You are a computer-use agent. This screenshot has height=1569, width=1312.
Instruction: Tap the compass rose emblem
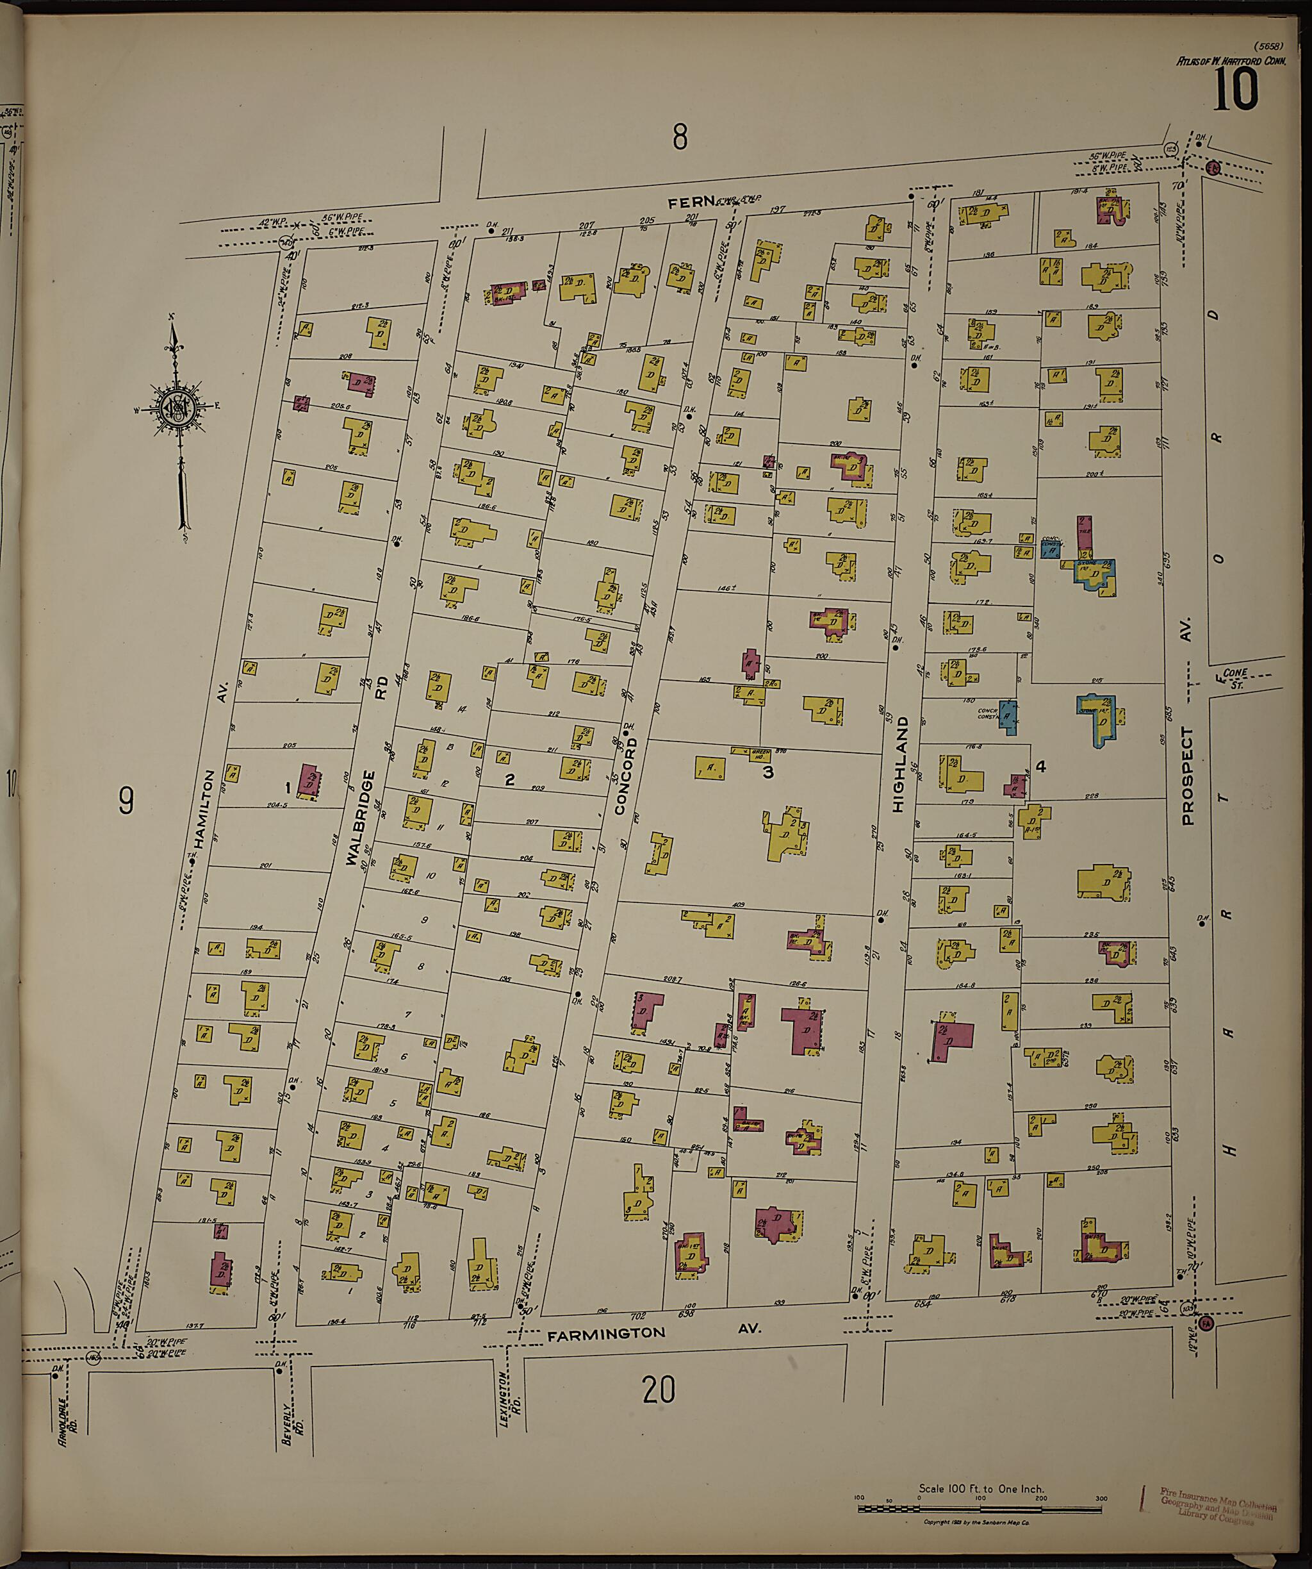pos(180,408)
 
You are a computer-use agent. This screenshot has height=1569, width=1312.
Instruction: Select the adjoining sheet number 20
pos(659,1390)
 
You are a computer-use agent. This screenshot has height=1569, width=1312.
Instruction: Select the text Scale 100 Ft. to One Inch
pos(981,1489)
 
